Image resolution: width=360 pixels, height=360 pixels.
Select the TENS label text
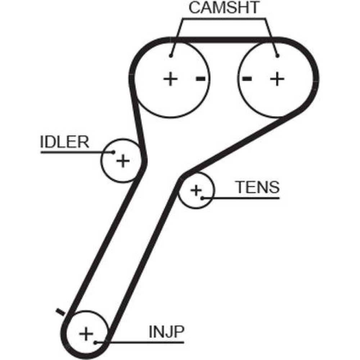(257, 187)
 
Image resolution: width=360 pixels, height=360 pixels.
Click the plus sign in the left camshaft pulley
(170, 78)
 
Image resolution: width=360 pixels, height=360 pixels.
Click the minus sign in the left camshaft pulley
(200, 78)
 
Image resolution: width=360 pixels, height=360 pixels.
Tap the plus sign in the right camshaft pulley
(277, 78)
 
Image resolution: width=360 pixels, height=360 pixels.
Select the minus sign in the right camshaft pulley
(247, 78)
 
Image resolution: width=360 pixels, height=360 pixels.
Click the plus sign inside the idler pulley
(123, 161)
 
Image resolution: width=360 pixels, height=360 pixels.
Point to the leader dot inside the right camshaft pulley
(277, 55)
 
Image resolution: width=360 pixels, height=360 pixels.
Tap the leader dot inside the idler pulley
(113, 152)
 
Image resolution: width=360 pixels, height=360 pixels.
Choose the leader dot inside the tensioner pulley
(203, 198)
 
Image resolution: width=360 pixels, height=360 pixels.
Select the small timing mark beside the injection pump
(60, 311)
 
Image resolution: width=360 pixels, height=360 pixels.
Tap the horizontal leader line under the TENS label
(245, 198)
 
